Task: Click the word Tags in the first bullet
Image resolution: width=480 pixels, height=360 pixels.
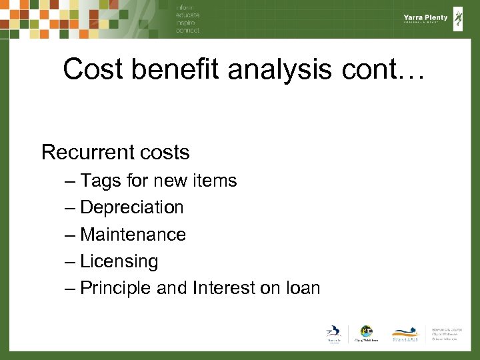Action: (99, 181)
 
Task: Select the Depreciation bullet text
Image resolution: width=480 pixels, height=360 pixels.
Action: (131, 207)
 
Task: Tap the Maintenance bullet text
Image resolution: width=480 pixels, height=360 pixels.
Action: (133, 235)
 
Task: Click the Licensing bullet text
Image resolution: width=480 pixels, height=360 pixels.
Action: (119, 261)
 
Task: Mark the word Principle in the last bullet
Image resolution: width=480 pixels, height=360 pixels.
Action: (116, 288)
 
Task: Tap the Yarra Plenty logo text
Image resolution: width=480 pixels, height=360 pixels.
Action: (425, 19)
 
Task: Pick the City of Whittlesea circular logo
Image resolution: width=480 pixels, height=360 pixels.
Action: (365, 332)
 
